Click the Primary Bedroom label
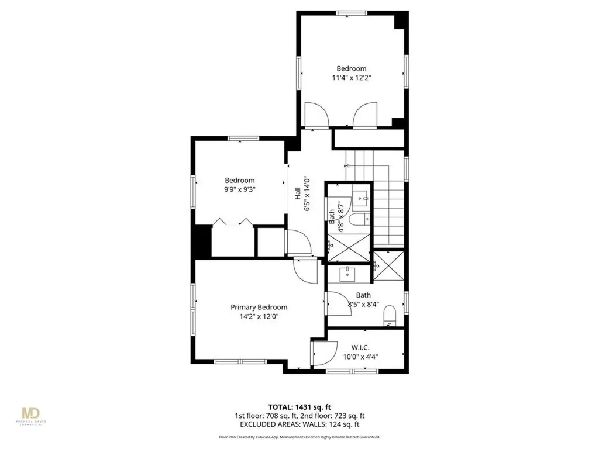coord(259,307)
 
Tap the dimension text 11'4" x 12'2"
coord(351,77)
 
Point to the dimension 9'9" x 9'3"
coord(240,190)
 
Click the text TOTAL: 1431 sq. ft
coord(299,407)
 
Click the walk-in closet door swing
coord(323,353)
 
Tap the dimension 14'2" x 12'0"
coord(259,316)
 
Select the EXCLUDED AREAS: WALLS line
coord(299,424)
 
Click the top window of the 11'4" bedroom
coord(351,12)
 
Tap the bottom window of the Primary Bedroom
coord(232,361)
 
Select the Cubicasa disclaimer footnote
coord(299,437)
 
